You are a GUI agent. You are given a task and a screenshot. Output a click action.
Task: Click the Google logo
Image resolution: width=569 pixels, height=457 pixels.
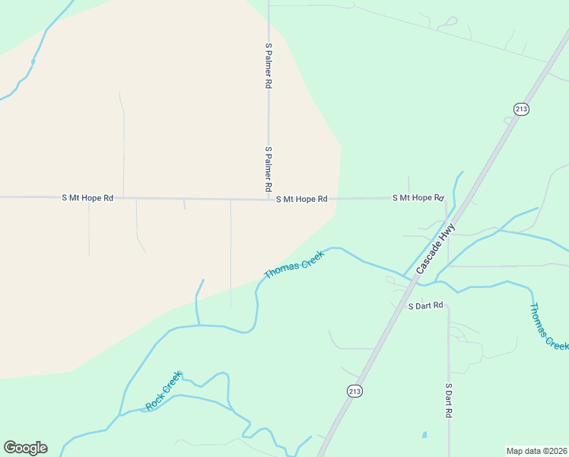pyautogui.click(x=25, y=448)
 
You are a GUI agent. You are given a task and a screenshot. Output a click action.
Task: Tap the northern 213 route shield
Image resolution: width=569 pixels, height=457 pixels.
pyautogui.click(x=521, y=109)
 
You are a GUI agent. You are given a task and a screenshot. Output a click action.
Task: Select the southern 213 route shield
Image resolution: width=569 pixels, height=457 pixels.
pyautogui.click(x=354, y=391)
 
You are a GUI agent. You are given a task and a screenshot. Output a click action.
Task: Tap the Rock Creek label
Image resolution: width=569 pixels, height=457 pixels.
pyautogui.click(x=164, y=391)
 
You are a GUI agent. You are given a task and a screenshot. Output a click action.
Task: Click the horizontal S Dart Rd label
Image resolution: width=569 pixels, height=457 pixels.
pyautogui.click(x=425, y=306)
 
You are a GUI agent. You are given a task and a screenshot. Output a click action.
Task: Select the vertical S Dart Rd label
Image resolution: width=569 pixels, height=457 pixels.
pyautogui.click(x=449, y=400)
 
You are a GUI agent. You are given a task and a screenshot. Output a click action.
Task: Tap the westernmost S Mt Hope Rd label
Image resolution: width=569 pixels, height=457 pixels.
pyautogui.click(x=87, y=198)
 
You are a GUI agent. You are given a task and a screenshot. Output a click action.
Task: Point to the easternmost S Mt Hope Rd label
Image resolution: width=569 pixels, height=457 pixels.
pyautogui.click(x=418, y=198)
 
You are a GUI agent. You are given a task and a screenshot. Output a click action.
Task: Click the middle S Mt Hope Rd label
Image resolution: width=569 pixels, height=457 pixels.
pyautogui.click(x=301, y=199)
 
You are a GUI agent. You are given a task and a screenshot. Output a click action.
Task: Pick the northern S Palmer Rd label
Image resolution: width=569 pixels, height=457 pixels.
pyautogui.click(x=269, y=66)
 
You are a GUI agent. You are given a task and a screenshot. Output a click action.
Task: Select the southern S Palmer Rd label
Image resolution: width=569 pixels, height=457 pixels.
pyautogui.click(x=269, y=168)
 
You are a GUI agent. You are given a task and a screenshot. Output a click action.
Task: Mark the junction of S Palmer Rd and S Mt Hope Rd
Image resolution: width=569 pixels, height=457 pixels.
pyautogui.click(x=269, y=199)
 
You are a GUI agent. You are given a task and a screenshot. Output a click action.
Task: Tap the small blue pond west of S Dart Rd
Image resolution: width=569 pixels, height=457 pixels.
pyautogui.click(x=424, y=436)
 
